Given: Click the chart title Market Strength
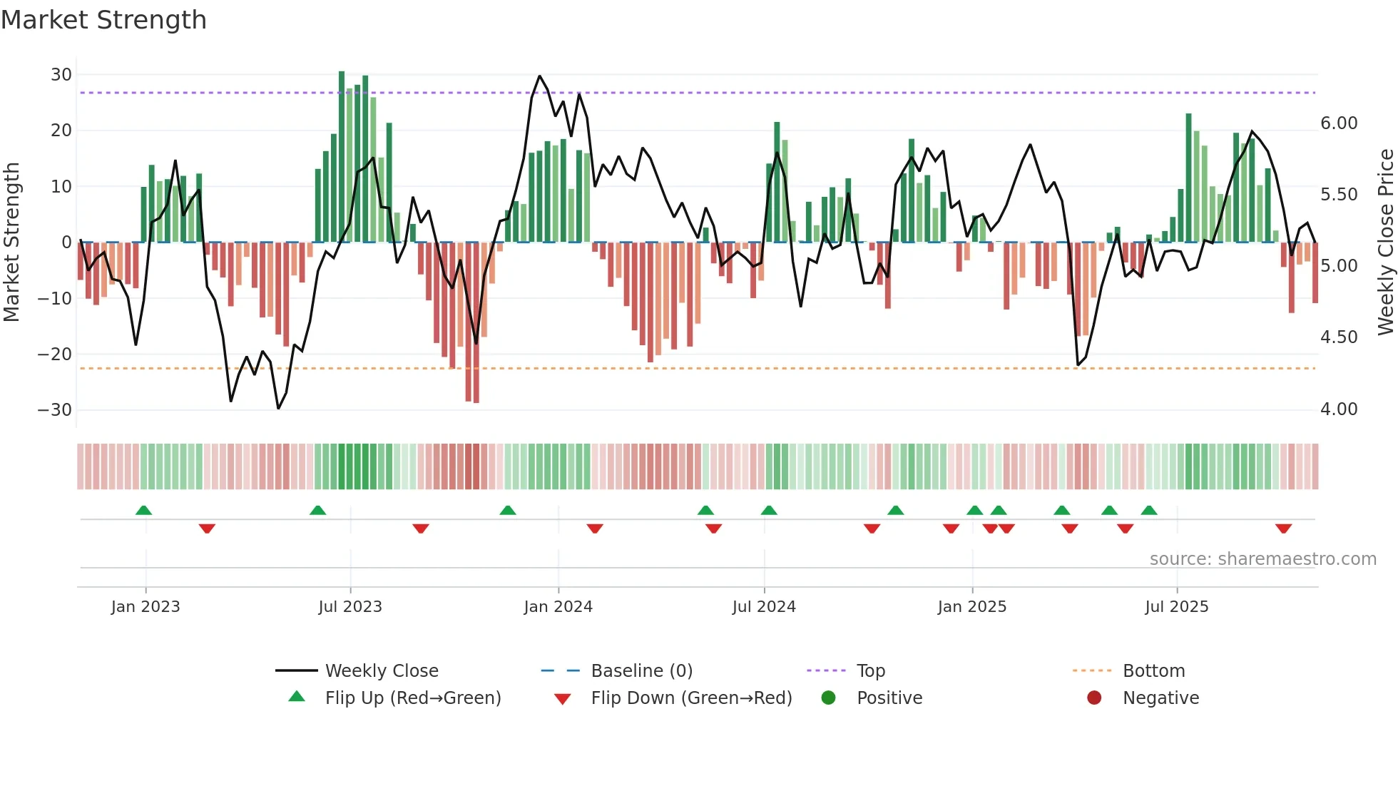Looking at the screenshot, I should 103,20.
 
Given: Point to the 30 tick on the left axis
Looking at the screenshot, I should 61,75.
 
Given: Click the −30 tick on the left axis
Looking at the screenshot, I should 55,410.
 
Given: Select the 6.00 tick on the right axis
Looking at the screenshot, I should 1339,123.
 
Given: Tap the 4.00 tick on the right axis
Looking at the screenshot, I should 1339,409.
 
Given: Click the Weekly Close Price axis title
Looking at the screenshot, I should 1385,243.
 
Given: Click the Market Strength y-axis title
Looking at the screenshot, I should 11,243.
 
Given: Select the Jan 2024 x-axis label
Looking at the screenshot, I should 558,607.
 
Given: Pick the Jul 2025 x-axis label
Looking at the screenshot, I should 1176,607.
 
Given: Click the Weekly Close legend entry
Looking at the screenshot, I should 382,671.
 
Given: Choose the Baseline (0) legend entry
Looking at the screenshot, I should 641,671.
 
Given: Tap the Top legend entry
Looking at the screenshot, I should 870,671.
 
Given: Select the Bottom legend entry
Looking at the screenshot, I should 1153,671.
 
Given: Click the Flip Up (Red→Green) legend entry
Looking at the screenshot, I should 413,698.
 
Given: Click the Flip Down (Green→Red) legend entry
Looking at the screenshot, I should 691,698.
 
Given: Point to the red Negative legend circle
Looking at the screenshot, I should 1094,698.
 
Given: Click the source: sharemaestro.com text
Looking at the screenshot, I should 1262,559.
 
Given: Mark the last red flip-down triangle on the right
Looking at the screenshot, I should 1283,529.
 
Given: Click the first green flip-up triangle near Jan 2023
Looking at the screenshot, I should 143,510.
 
